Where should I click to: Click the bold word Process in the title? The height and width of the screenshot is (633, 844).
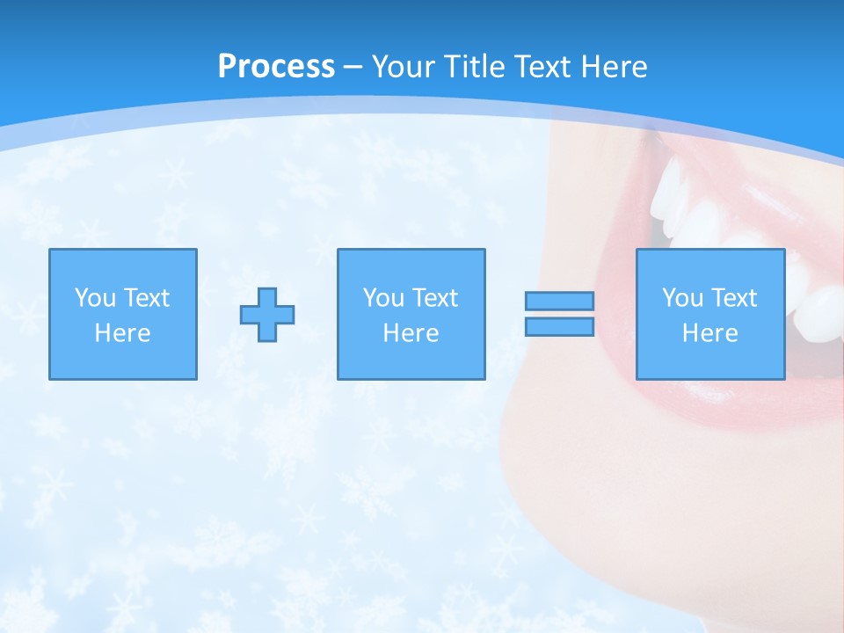point(276,67)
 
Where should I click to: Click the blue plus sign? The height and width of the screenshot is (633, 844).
point(267,314)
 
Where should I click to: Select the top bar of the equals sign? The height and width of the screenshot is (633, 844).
point(559,301)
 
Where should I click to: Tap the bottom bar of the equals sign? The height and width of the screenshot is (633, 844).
point(559,327)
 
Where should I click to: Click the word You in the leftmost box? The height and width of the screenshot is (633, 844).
point(95,298)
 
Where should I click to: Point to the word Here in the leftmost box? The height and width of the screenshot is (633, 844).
point(122,333)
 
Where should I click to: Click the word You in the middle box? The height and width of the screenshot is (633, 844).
point(383,298)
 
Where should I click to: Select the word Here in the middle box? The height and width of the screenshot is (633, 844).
point(411,333)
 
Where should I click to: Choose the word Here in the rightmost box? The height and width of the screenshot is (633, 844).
point(709,333)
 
